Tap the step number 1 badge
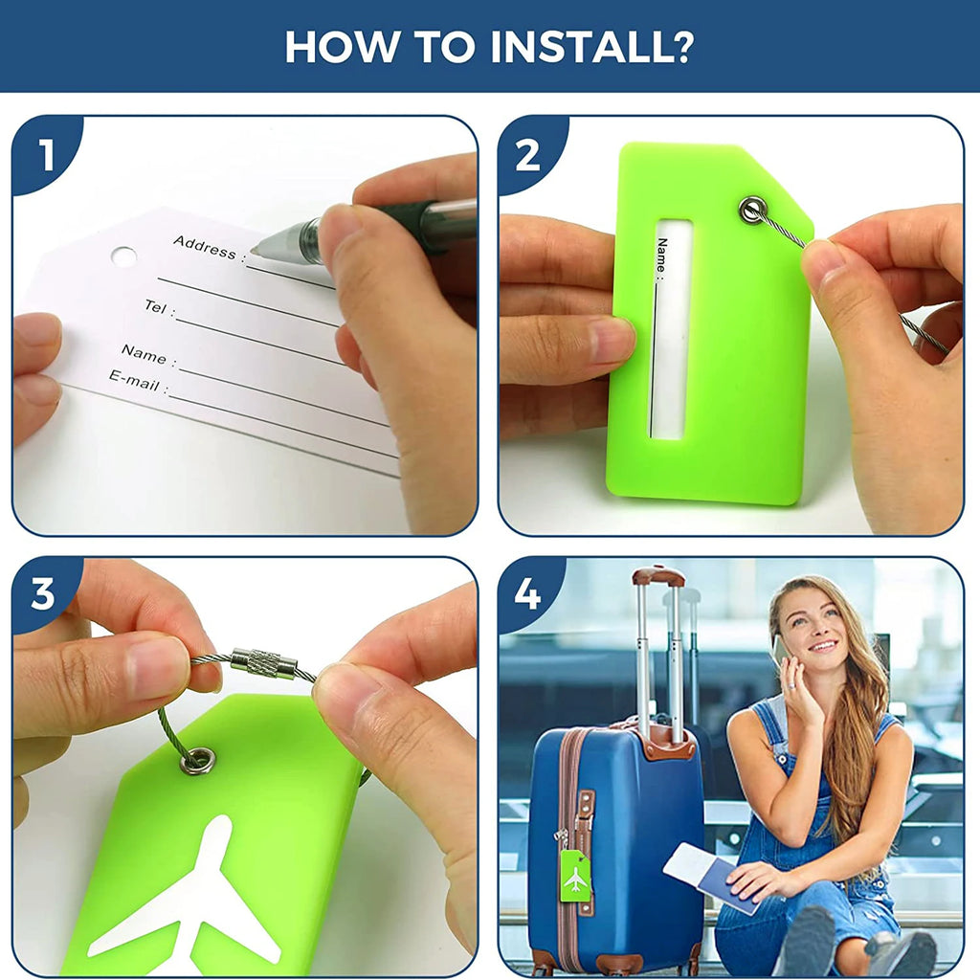45,154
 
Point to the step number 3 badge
44,593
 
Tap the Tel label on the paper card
159,307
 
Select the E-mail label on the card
138,381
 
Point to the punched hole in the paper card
123,256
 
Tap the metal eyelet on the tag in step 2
752,210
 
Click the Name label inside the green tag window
662,256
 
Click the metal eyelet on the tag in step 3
197,761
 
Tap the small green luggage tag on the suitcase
575,875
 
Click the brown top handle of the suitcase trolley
658,575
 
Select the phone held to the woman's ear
779,651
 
